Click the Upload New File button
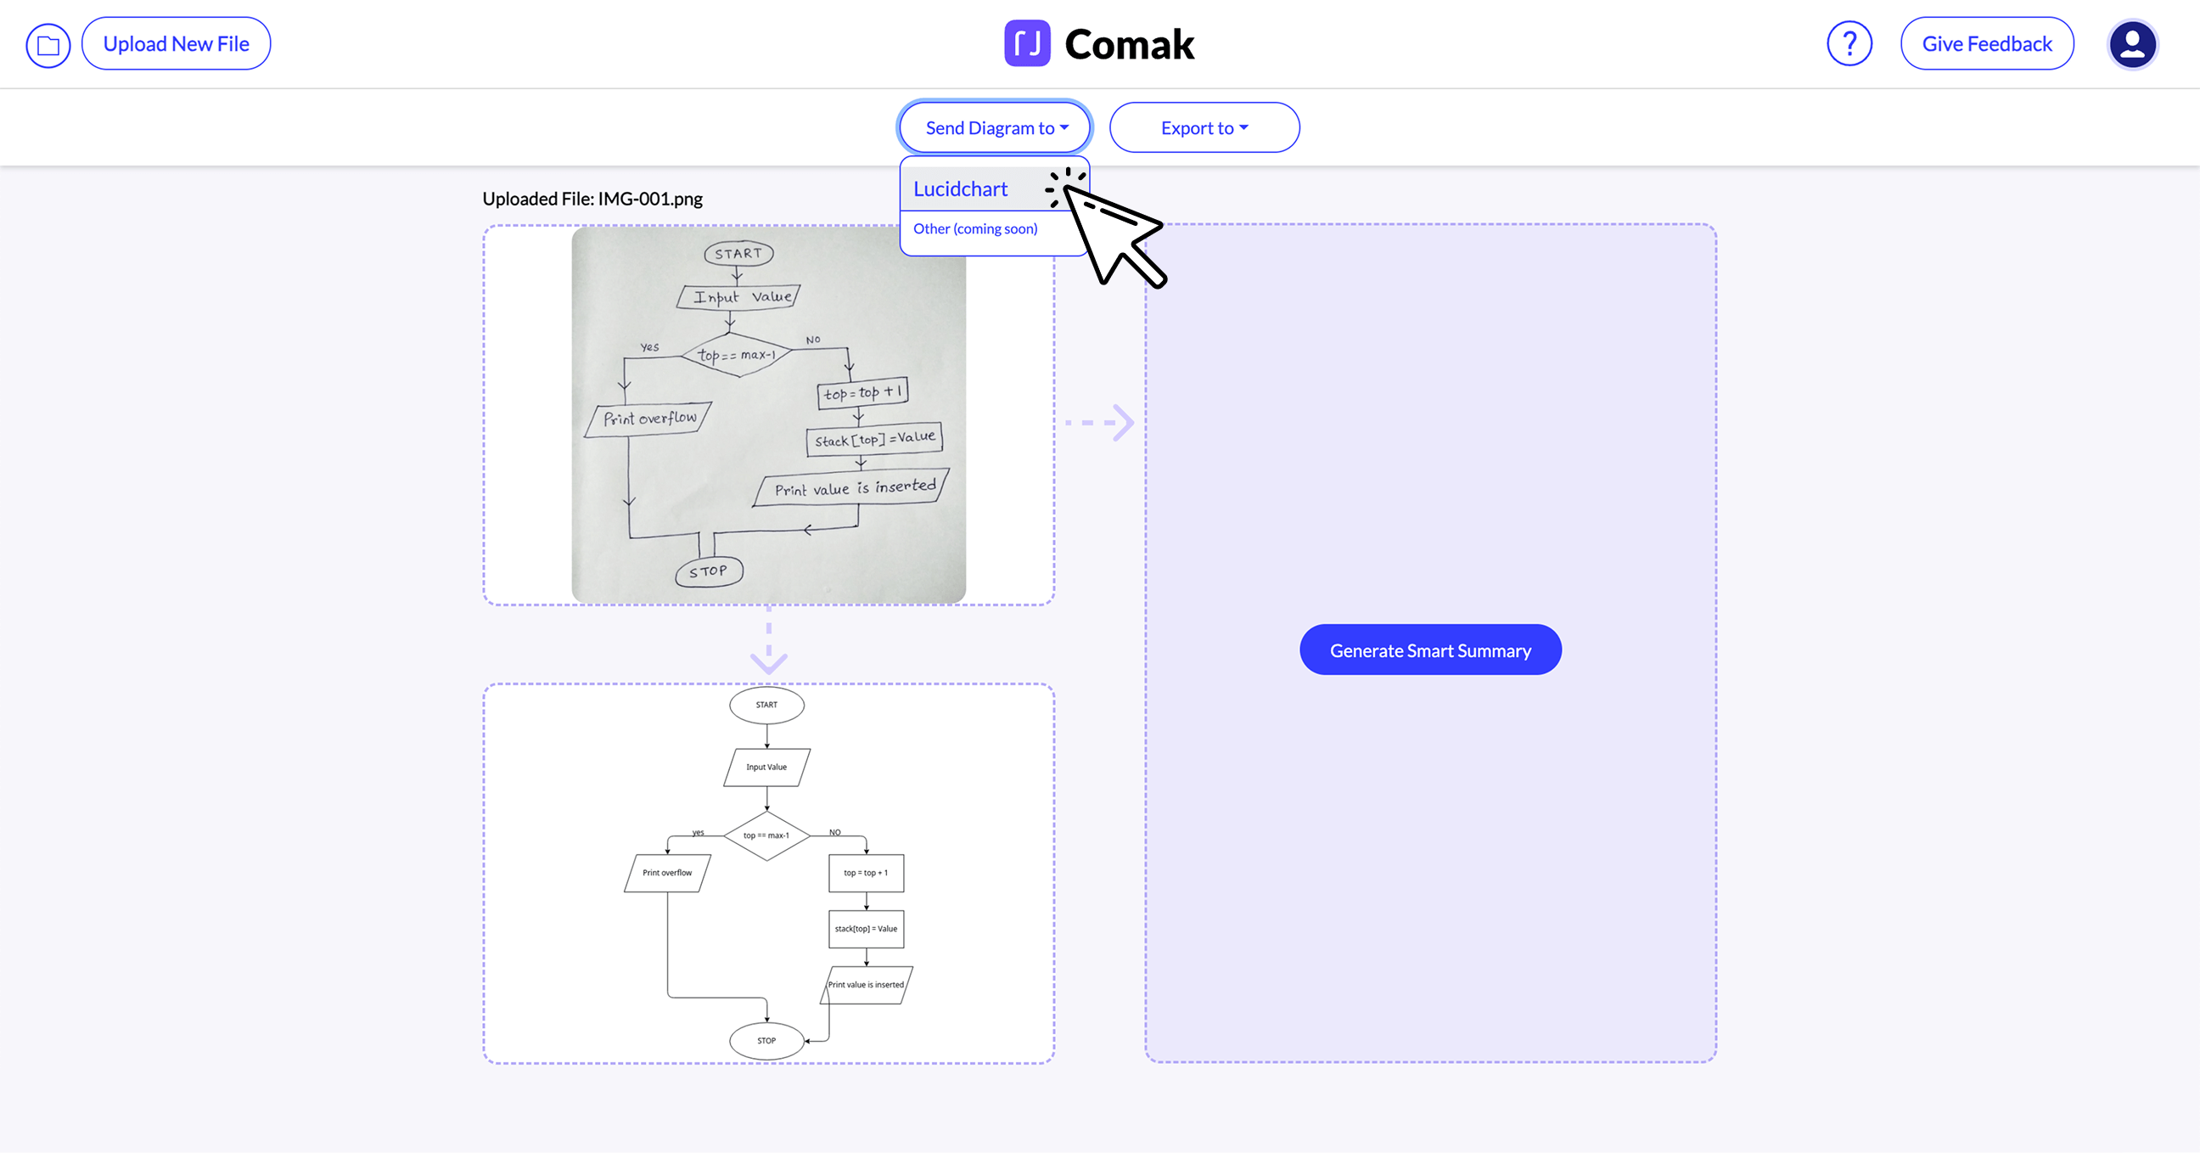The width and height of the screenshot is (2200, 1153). pos(176,43)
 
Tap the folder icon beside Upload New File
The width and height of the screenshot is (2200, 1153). pos(48,44)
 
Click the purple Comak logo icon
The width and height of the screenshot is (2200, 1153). pos(1026,43)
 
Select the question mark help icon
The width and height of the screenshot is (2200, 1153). pos(1849,43)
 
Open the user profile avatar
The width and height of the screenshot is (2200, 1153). pos(2132,43)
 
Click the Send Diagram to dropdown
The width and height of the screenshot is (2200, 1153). pos(995,128)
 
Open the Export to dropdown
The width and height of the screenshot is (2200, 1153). pos(1204,128)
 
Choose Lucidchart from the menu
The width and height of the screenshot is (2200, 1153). pos(961,188)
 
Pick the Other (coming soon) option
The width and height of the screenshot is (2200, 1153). pos(975,229)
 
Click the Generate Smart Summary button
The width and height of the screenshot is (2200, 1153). pos(1429,650)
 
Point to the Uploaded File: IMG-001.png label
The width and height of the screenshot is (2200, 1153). pos(592,199)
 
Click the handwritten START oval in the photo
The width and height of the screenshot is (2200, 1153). pos(738,254)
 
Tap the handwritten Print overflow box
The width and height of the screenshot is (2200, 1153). pos(649,419)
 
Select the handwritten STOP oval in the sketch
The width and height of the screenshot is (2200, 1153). pos(709,571)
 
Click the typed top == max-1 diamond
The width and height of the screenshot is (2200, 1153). pos(766,835)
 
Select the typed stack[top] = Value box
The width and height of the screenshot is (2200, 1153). pos(866,928)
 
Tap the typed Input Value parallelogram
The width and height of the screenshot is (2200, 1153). pos(766,767)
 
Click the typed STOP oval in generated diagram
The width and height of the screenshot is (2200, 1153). pos(766,1040)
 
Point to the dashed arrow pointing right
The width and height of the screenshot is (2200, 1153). pos(1101,423)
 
